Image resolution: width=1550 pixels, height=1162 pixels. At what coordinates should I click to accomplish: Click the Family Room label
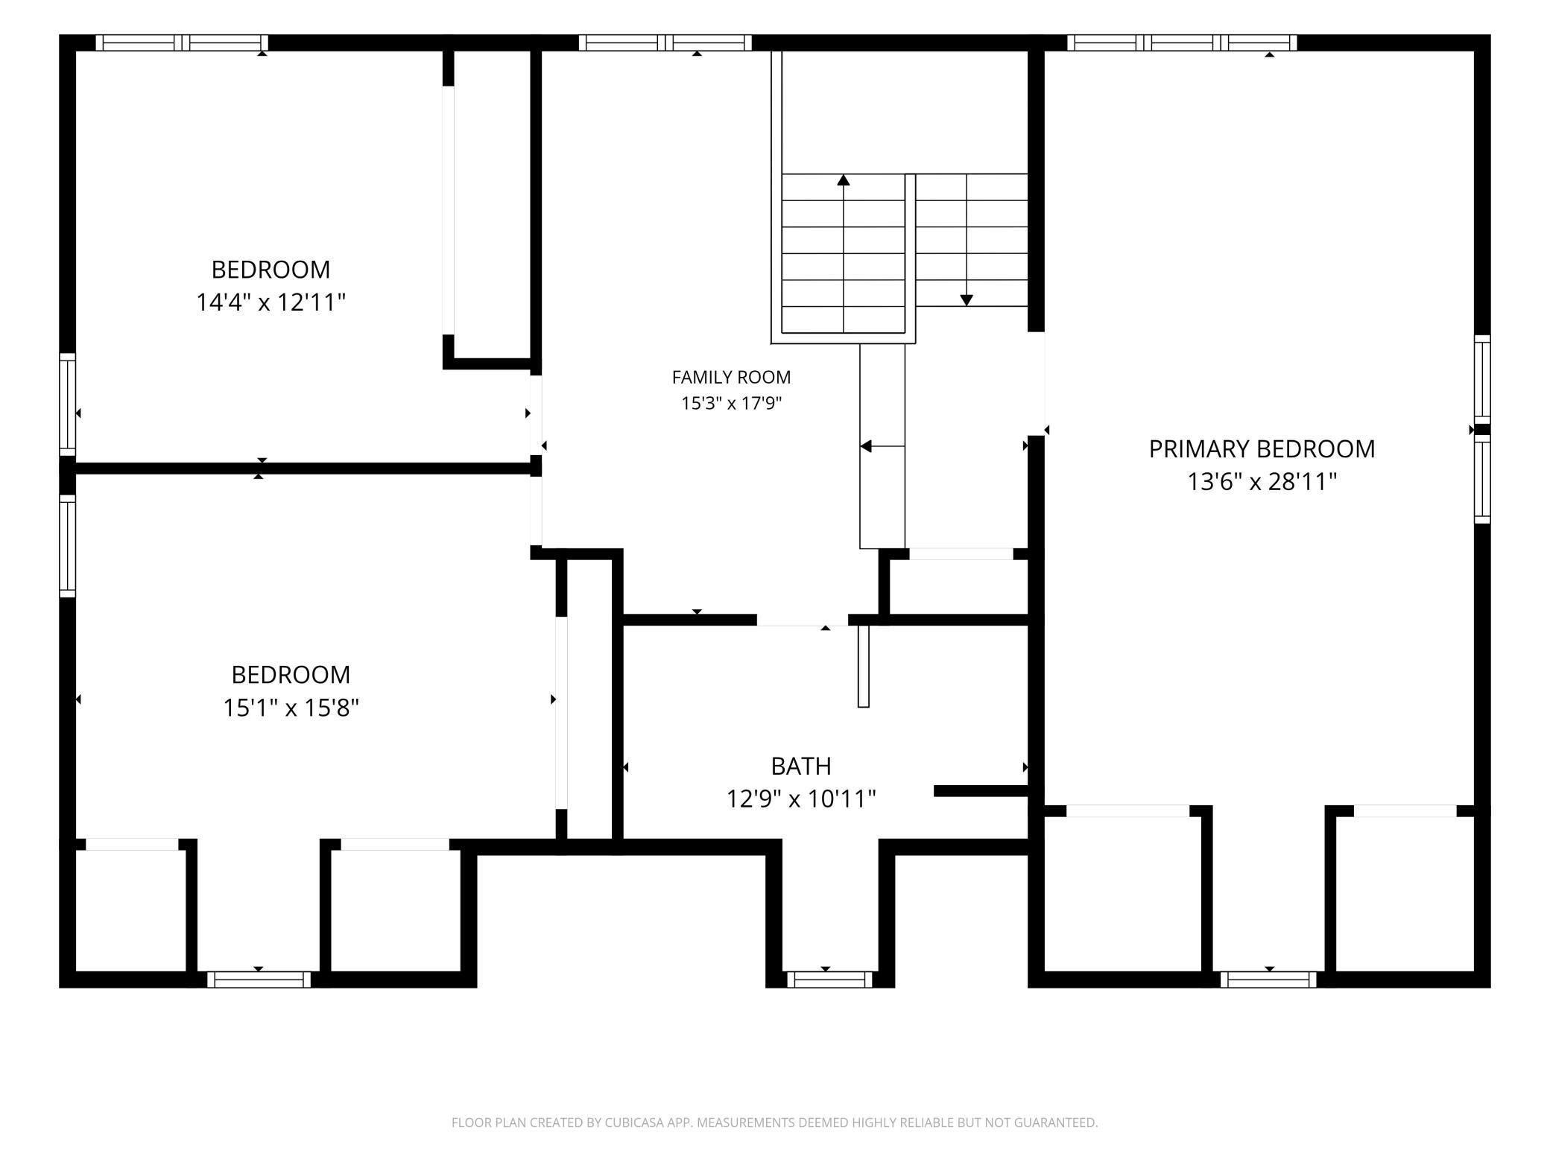731,378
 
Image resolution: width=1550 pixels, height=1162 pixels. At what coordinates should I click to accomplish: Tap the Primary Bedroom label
1262,449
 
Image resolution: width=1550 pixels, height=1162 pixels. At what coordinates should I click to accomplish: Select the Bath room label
801,766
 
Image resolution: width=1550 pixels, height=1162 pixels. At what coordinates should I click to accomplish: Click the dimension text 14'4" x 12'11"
271,302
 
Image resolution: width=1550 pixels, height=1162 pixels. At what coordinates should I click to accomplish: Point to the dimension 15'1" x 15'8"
291,708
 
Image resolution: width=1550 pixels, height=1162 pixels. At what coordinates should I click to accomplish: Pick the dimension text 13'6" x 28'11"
1262,482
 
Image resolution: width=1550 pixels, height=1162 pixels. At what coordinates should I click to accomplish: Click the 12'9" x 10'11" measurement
801,799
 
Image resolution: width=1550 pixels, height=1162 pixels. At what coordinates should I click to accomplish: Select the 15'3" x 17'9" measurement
731,404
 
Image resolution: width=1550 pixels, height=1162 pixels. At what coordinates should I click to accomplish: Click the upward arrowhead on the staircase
844,180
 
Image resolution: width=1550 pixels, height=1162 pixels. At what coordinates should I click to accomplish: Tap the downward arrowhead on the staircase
967,300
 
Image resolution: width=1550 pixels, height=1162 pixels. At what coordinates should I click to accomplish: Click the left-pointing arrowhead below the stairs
866,446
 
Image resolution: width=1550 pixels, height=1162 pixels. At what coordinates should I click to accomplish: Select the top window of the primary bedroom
1182,43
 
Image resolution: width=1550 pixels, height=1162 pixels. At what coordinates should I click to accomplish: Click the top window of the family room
665,43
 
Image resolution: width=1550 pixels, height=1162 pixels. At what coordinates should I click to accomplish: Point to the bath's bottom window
829,980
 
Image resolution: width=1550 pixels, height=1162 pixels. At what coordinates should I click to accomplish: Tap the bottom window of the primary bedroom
1268,980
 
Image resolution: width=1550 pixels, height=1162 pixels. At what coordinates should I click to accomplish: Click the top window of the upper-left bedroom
182,43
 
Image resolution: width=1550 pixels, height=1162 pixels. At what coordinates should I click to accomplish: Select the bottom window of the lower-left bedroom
259,980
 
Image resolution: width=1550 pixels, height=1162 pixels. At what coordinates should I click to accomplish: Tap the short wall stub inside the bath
981,791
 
